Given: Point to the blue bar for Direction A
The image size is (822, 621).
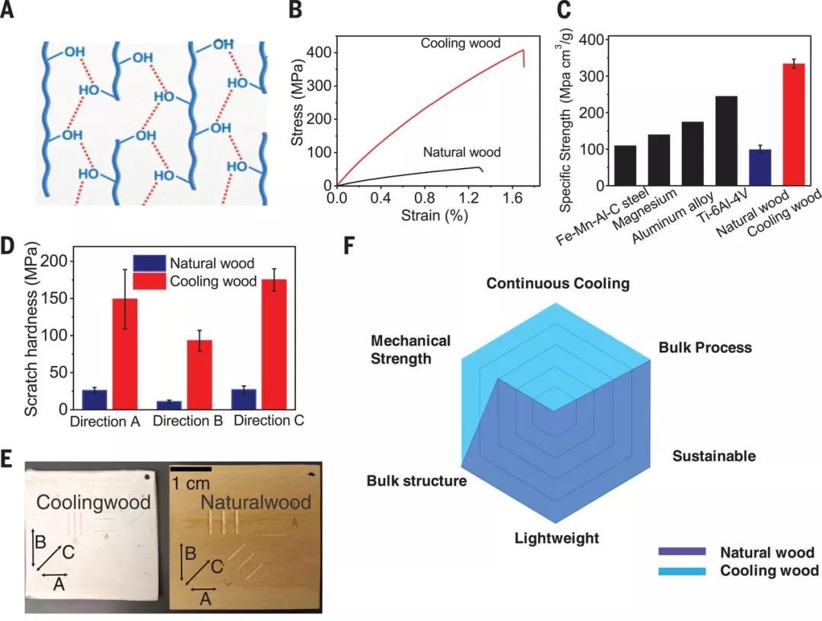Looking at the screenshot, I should pos(94,400).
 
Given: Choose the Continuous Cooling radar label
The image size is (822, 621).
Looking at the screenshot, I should pos(558,284).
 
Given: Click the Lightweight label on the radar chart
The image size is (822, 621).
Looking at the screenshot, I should pos(556,539).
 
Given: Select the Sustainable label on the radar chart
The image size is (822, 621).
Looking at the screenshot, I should pos(714,456).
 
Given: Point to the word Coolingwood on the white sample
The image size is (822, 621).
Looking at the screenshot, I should pos(94,502).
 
